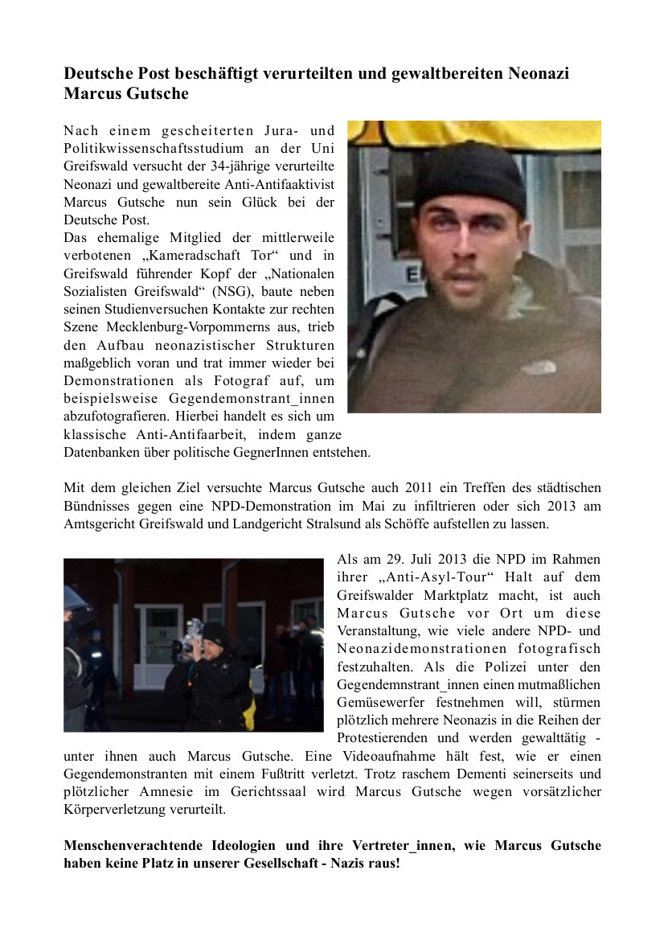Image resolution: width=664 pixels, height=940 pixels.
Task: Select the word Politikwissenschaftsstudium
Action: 158,149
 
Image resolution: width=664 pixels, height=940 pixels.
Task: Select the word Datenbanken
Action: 100,452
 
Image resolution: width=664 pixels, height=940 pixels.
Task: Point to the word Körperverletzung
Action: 114,810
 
